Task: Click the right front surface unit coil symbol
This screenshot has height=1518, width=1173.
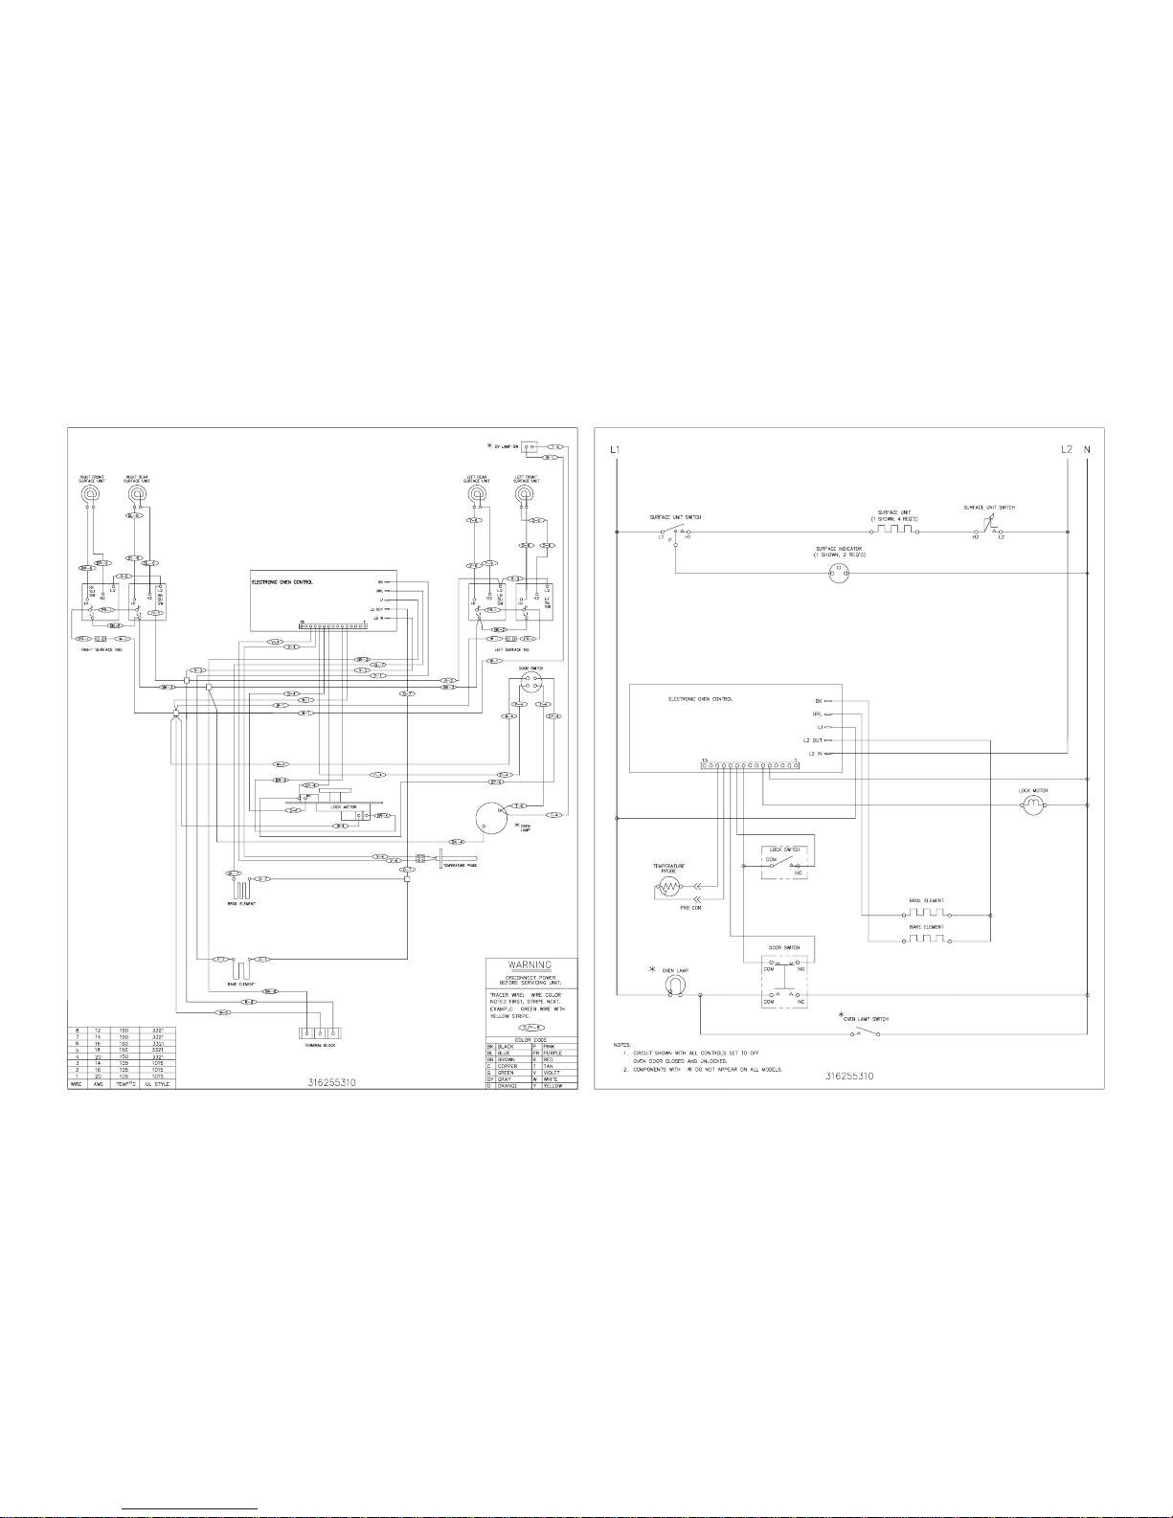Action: click(x=91, y=494)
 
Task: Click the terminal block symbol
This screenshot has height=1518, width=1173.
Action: click(x=319, y=1032)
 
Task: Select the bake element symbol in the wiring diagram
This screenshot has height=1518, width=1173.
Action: click(x=240, y=969)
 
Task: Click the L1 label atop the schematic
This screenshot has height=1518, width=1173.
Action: click(x=616, y=448)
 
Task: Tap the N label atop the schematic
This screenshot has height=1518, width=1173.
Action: click(x=1088, y=448)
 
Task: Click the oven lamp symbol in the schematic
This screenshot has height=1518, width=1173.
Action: click(x=676, y=986)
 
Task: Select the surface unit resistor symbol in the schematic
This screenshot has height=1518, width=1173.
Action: click(x=898, y=530)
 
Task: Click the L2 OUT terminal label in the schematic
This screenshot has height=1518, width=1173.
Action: click(x=812, y=740)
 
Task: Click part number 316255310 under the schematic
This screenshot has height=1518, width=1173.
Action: click(x=849, y=1076)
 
